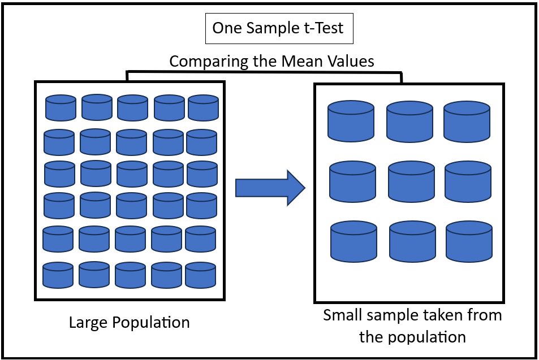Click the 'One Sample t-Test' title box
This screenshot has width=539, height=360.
tap(278, 28)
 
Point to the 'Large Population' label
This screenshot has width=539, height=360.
tap(129, 323)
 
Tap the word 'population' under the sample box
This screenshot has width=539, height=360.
tap(429, 337)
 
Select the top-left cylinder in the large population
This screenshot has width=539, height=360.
tap(61, 107)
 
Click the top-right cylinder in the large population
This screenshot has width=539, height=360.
tap(203, 107)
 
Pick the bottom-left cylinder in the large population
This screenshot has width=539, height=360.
tap(58, 275)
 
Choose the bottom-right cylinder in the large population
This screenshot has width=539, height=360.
tap(200, 275)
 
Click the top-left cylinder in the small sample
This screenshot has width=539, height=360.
tap(351, 121)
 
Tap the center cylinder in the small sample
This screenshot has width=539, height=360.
tap(411, 181)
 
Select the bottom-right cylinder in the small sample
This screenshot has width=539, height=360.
tap(469, 241)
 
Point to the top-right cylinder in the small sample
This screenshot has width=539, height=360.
tap(467, 121)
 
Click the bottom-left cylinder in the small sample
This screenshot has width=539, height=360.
tap(353, 241)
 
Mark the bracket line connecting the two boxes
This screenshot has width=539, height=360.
tap(264, 72)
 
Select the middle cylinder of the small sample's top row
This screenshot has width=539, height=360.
tap(409, 121)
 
